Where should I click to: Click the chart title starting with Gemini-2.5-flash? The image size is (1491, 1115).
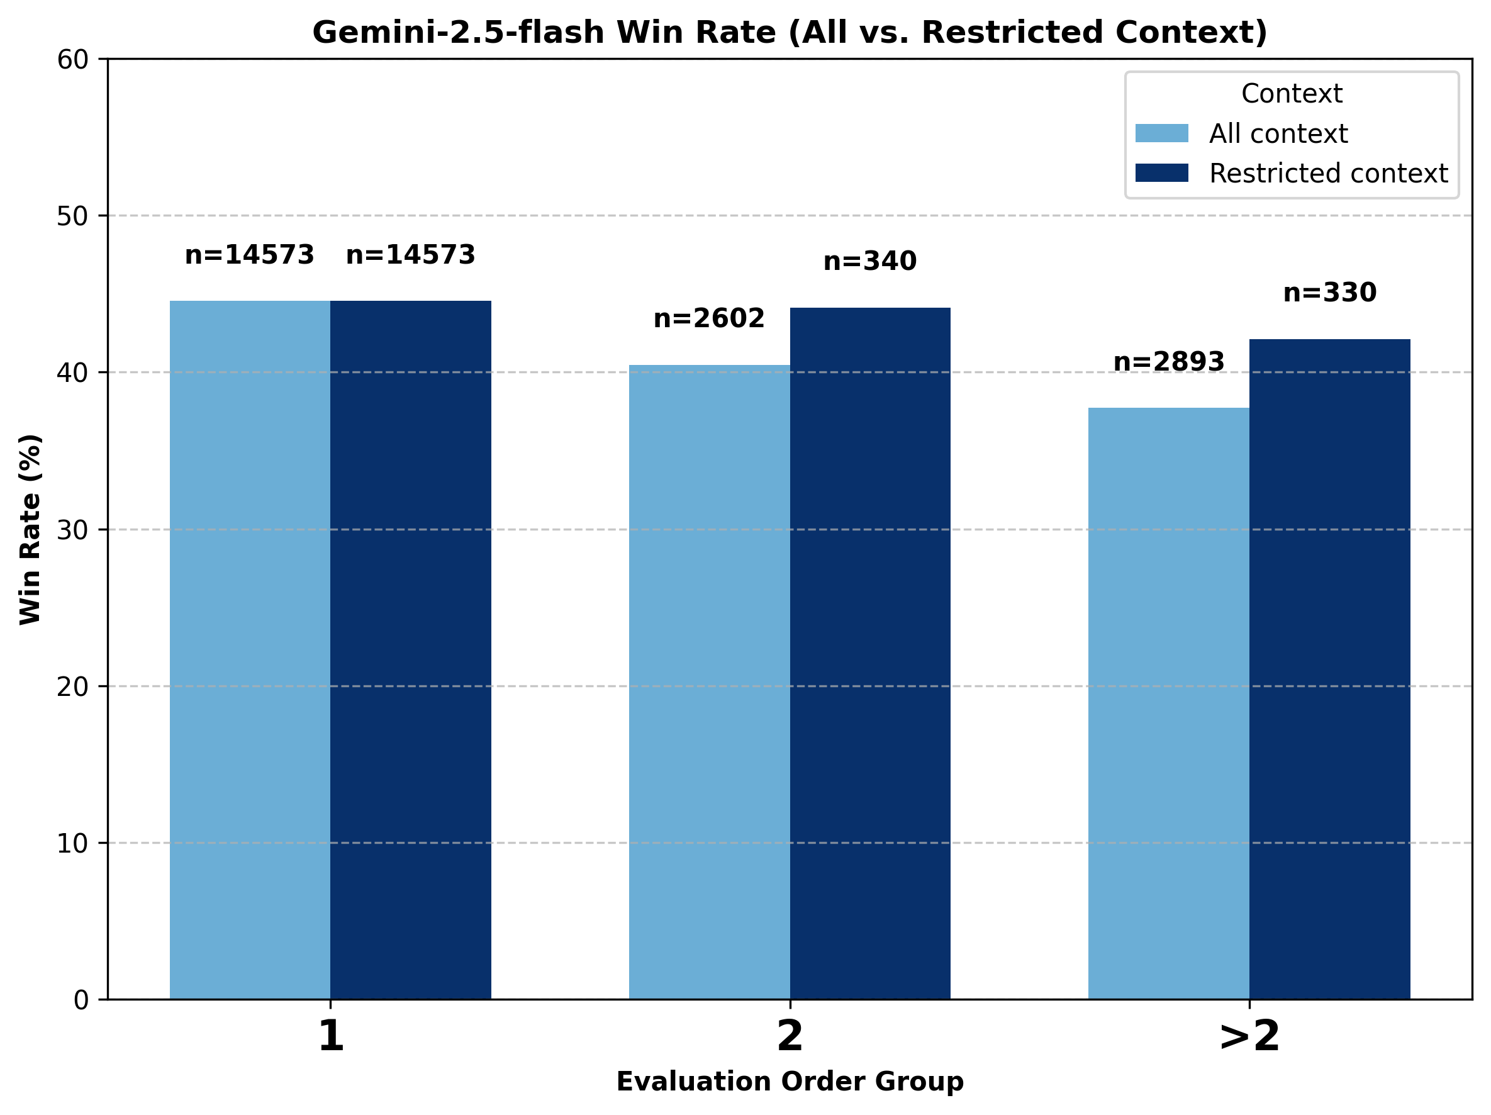tap(790, 32)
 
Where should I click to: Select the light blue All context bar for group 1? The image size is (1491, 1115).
tap(250, 650)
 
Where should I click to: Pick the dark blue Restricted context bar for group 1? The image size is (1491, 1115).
tap(410, 650)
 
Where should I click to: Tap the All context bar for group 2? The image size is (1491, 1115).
tap(709, 681)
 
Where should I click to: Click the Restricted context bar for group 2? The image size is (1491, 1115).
tap(869, 653)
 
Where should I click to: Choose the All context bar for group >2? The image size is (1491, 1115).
tap(1168, 703)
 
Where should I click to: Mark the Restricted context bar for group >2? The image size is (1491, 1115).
tap(1329, 669)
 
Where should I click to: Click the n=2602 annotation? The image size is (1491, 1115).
tap(709, 318)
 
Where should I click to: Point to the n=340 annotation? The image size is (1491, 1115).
tap(869, 261)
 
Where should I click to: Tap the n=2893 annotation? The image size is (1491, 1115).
tap(1168, 362)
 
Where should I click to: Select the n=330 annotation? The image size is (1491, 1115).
tap(1329, 293)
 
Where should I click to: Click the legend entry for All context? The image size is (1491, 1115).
tap(1277, 133)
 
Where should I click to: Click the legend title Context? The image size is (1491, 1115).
tap(1292, 94)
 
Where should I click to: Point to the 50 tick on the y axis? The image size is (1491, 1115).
tap(72, 216)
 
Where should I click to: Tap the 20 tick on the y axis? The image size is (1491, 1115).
tap(72, 687)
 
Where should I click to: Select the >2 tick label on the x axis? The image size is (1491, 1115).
tap(1249, 1036)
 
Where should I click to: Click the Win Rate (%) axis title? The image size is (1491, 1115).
tap(30, 529)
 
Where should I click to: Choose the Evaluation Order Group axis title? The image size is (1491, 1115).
tap(790, 1081)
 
